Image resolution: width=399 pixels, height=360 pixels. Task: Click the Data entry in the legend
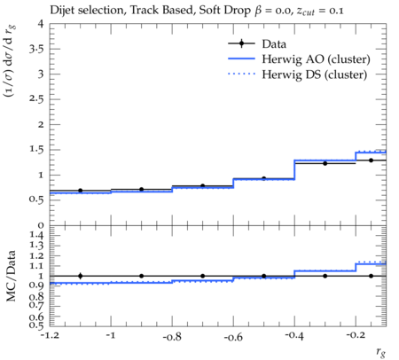[x=274, y=44]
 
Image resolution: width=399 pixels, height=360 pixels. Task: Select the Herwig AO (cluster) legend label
[x=316, y=59]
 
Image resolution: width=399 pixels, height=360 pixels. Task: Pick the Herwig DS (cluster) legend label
[x=315, y=74]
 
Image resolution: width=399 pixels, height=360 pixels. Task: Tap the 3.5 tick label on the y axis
[x=36, y=49]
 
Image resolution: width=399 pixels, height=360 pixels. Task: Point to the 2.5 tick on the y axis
[x=36, y=99]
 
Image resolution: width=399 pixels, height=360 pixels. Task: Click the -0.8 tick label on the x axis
[x=172, y=337]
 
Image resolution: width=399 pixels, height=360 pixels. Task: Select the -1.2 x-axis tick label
[x=50, y=336]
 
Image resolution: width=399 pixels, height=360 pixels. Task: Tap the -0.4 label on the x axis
[x=294, y=336]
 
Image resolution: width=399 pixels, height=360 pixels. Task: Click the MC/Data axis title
[x=11, y=276]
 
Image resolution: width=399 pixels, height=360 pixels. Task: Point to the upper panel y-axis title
[x=10, y=61]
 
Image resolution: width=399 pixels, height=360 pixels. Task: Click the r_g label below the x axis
[x=381, y=352]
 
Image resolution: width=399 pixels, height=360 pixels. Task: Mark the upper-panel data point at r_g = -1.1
[x=80, y=191]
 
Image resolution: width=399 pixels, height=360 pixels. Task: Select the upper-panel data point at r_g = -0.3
[x=325, y=163]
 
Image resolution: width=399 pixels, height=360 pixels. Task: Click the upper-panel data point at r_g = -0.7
[x=202, y=186]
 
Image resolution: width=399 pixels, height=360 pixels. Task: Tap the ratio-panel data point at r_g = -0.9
[x=141, y=276]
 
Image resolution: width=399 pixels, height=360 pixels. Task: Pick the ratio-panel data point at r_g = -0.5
[x=263, y=276]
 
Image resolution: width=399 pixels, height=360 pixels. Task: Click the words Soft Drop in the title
[x=224, y=11]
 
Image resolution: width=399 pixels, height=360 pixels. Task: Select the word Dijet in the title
[x=62, y=11]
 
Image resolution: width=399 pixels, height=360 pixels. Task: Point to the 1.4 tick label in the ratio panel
[x=36, y=235]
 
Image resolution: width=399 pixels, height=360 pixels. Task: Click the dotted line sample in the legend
[x=241, y=74]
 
